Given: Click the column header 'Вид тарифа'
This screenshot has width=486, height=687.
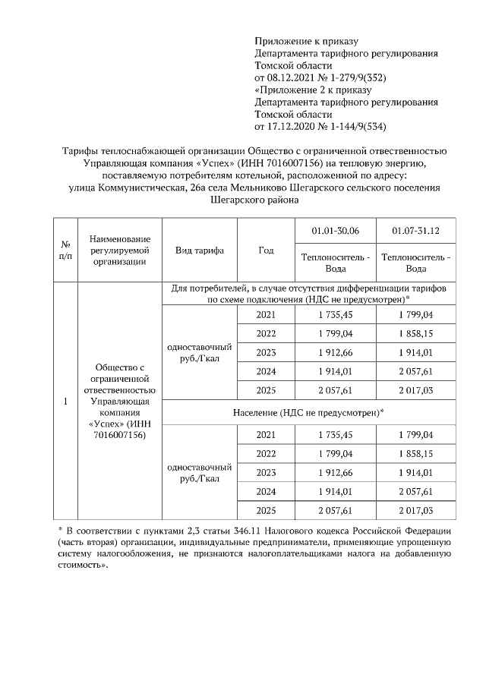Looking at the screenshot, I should point(199,251).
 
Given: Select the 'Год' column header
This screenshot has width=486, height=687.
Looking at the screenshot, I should point(266,251).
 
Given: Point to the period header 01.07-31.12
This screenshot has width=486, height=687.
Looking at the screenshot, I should point(415,230).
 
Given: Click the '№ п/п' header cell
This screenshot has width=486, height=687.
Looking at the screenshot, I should point(65,251).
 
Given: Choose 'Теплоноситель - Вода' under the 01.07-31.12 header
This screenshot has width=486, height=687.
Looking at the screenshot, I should point(415,263).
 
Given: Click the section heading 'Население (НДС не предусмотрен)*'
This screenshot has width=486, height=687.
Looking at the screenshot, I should point(308,412).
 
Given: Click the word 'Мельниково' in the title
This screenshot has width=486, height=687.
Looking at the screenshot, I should point(259,188).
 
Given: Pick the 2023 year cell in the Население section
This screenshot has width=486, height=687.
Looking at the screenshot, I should point(266,471).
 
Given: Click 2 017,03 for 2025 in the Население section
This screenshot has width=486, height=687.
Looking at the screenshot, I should point(415,509).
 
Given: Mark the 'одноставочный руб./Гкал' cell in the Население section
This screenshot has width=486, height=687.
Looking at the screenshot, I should point(199,472).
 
